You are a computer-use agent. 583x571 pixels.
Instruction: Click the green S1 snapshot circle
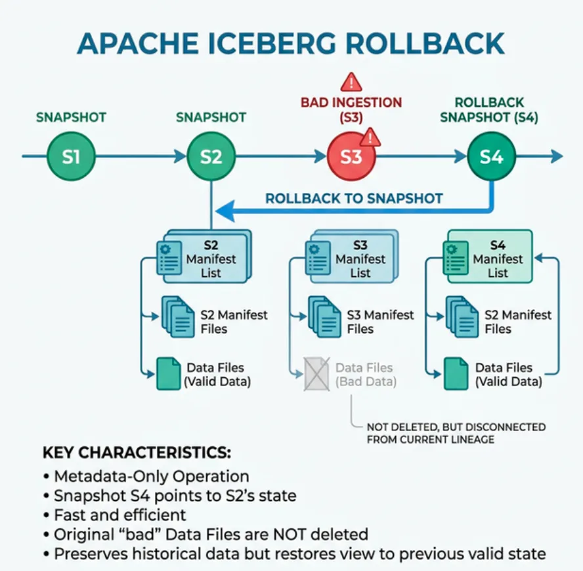pos(71,157)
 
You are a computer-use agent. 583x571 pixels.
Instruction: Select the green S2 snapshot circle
pos(211,157)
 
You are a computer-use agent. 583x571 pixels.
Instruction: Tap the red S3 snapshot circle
pos(351,157)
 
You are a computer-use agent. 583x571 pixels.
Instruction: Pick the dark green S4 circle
pos(492,157)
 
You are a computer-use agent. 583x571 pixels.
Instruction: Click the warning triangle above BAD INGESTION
pos(352,81)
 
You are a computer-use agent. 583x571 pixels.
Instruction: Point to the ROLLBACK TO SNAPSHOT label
pos(354,198)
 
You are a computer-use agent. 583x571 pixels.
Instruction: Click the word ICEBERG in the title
pos(291,43)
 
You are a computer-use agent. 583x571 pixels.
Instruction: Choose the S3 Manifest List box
pos(355,258)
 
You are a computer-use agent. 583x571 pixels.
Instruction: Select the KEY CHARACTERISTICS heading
pos(137,453)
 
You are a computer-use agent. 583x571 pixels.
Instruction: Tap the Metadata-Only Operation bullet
pos(151,476)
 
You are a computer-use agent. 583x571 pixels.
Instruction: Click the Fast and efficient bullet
pos(119,515)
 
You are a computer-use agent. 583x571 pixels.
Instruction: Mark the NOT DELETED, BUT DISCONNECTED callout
pos(456,433)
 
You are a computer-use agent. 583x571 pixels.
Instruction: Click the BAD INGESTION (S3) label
pos(351,110)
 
